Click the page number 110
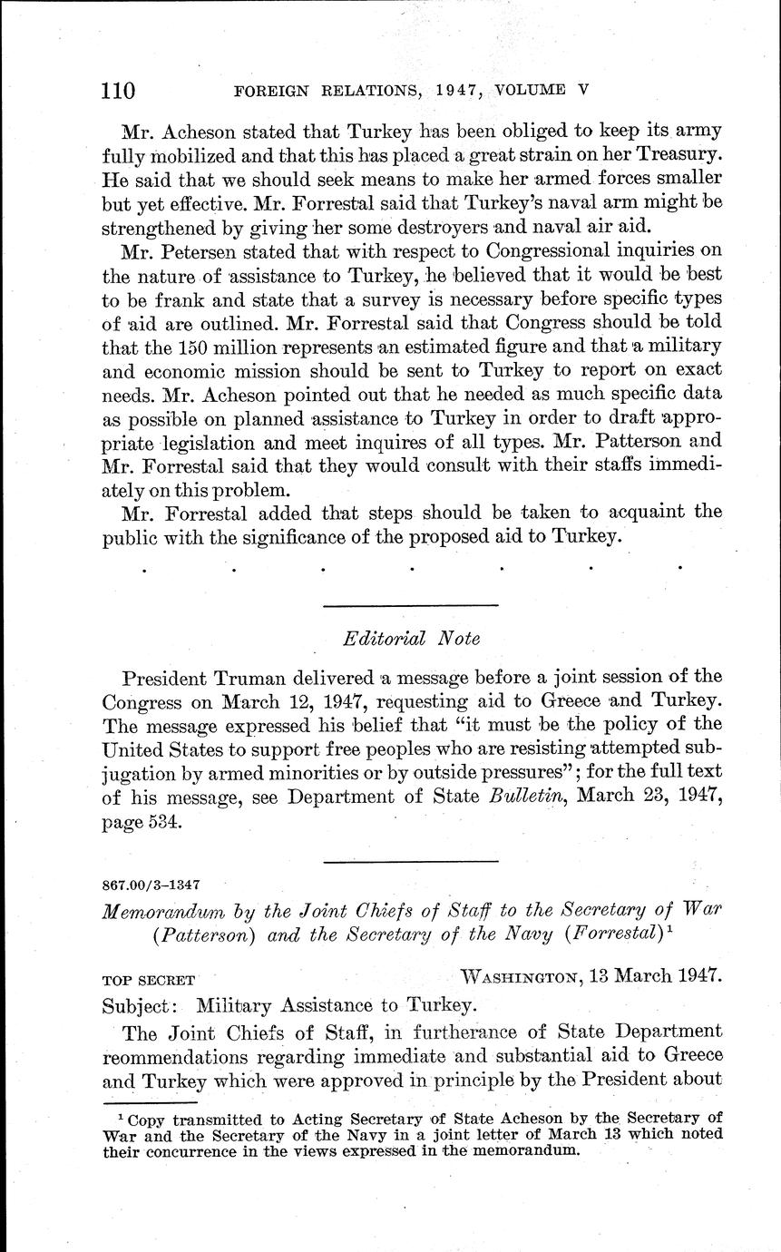pyautogui.click(x=118, y=91)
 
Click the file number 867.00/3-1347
pyautogui.click(x=152, y=883)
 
